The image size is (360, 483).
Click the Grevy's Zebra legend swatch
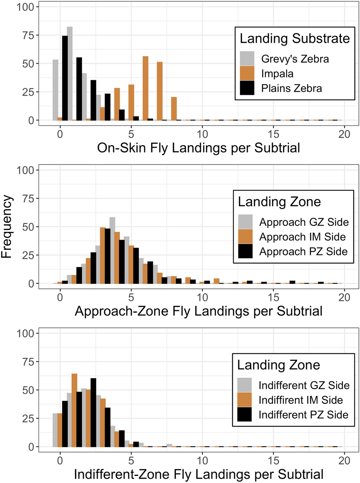tap(247, 59)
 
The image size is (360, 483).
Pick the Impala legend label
tap(277, 74)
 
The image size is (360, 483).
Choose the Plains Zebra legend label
tap(291, 89)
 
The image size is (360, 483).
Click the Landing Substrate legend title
tap(295, 38)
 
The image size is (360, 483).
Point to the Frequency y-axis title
tap(7, 227)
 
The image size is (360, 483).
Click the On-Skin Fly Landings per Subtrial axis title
tap(198, 148)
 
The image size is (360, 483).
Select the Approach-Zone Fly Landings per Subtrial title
tap(198, 311)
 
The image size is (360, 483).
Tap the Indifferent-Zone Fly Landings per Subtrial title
tap(198, 474)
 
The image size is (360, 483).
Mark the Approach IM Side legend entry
tap(302, 237)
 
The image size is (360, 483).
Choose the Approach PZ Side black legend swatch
tap(245, 251)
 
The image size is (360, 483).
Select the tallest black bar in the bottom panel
tap(93, 413)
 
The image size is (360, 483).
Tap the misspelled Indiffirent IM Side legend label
tap(300, 400)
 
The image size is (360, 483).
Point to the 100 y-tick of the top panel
tap(25, 7)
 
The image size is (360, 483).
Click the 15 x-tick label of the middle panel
tap(273, 297)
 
